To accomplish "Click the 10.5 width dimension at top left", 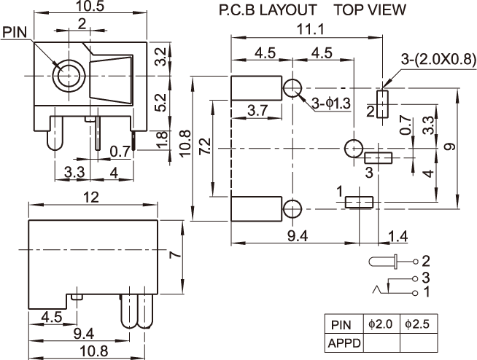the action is click(90, 6).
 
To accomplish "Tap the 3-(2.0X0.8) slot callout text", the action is click(438, 59).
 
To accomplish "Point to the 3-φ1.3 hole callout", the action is click(331, 103).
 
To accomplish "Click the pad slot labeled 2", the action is click(383, 103).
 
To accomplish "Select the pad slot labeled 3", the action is click(378, 158).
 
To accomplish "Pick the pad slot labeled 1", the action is click(359, 202).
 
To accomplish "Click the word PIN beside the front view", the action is click(15, 32).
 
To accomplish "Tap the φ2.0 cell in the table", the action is click(381, 324).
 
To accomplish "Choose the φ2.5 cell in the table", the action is click(417, 324).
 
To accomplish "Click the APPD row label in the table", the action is click(344, 343).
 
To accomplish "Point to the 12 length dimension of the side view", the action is click(91, 197).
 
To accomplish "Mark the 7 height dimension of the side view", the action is click(176, 254).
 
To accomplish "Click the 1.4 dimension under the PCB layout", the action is click(398, 236).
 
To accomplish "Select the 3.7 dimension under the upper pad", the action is click(257, 110).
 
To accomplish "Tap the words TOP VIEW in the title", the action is click(371, 9).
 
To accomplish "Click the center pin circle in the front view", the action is click(69, 75).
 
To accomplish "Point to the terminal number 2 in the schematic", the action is click(426, 261).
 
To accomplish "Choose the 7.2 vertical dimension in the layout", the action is click(205, 146).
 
